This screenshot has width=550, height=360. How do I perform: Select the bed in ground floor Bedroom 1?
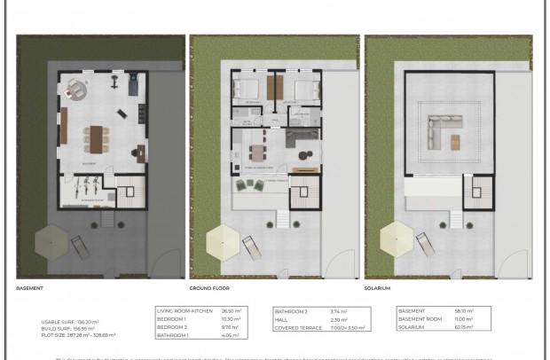(x=247, y=89)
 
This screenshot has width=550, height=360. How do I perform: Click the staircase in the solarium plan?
(x=483, y=189)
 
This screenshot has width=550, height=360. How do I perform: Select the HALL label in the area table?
(x=284, y=320)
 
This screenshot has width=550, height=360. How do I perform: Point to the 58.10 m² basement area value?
(x=466, y=311)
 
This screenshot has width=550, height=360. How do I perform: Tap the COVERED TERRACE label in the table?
(x=296, y=328)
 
